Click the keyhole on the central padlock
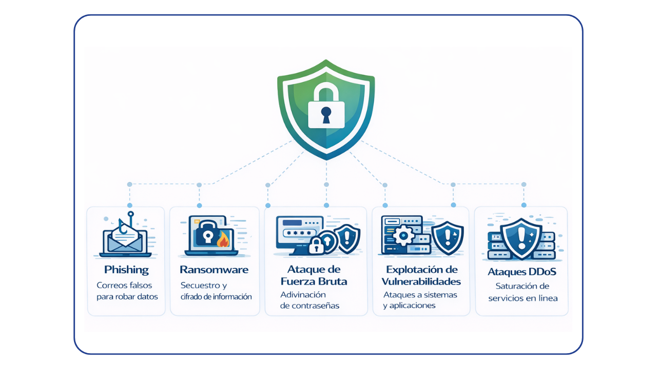click(x=326, y=115)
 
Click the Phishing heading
click(x=126, y=270)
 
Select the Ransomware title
click(x=214, y=270)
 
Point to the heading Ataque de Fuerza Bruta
click(x=314, y=275)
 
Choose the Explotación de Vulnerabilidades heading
click(x=421, y=275)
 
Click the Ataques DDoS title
click(x=521, y=272)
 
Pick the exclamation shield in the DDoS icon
click(x=521, y=239)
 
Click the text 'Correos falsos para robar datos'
click(x=127, y=291)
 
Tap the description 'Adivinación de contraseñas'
click(x=310, y=300)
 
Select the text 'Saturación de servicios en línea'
click(x=522, y=292)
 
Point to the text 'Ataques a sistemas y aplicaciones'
click(x=419, y=300)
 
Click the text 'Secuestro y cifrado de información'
click(x=216, y=291)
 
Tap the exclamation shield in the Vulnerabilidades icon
click(x=447, y=237)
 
